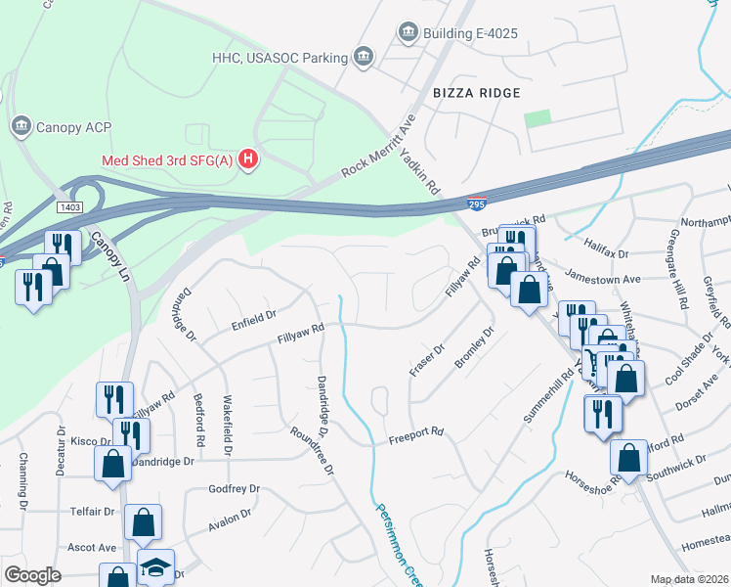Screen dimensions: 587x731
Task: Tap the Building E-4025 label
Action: (470, 34)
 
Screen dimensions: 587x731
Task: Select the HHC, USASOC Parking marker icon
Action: (365, 56)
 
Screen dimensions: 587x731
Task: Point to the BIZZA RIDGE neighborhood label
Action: (477, 92)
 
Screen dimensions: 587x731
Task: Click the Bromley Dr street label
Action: (475, 347)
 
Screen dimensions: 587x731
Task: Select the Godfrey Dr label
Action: (234, 488)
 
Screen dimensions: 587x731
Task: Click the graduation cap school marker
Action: (155, 568)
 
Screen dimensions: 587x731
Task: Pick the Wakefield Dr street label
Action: (228, 426)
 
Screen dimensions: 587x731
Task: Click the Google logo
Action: (32, 575)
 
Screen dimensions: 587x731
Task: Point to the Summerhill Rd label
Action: (547, 396)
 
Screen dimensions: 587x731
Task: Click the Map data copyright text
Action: (689, 579)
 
